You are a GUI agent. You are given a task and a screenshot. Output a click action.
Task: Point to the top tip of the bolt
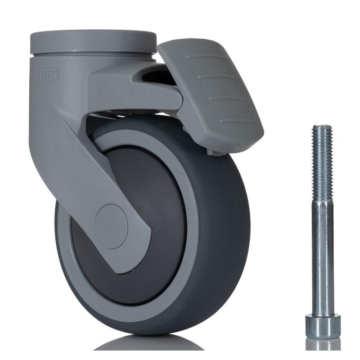coord(322,127)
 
